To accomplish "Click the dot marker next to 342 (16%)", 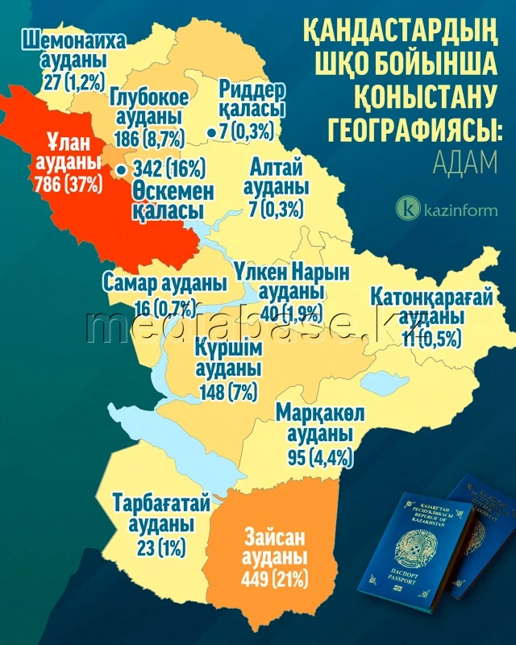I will coord(121,170).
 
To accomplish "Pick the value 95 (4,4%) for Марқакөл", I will coord(314,458).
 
